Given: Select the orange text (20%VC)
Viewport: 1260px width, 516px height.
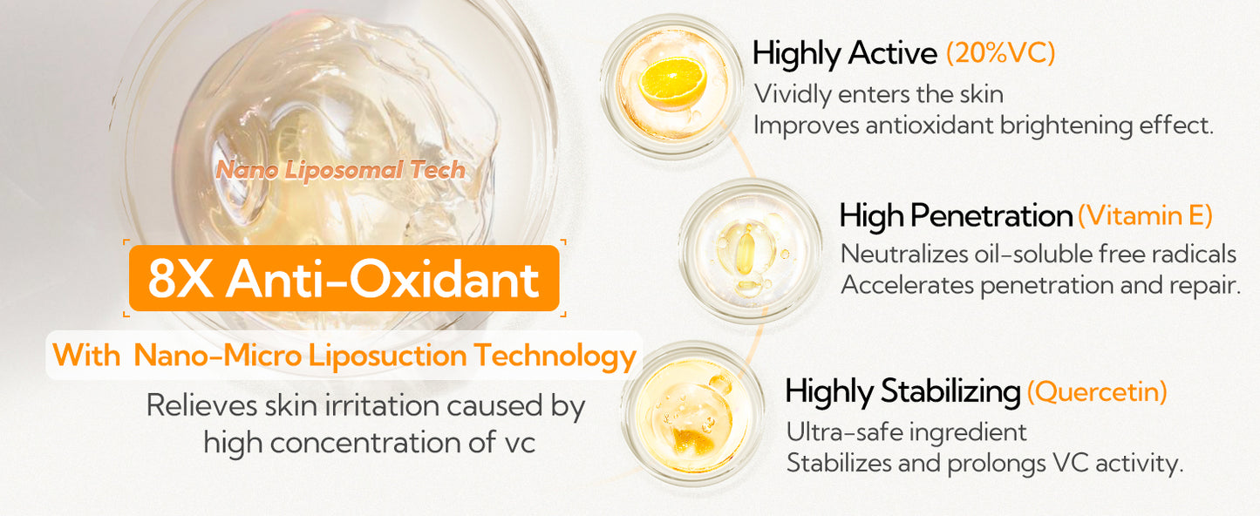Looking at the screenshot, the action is tap(1001, 53).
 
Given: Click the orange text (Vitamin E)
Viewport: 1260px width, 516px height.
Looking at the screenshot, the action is tap(1145, 216).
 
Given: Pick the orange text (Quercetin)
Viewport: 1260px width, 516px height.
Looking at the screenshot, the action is tap(1097, 391).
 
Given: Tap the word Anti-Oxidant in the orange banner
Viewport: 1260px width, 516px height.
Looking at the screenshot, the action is tap(383, 280).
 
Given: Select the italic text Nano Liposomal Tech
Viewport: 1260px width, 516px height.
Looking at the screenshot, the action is tap(341, 170).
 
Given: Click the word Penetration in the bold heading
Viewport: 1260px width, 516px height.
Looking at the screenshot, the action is tap(991, 216).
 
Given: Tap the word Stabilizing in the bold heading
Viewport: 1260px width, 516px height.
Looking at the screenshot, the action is tap(950, 391).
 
